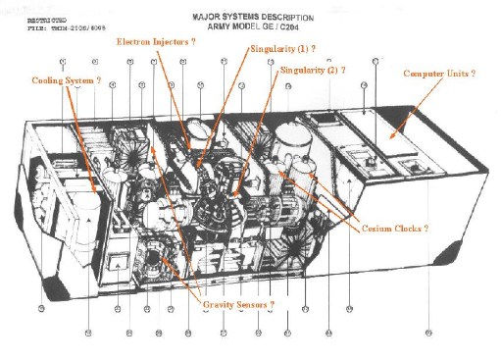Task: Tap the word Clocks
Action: (413, 228)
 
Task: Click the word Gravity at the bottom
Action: (220, 305)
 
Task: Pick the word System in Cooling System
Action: (83, 80)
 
